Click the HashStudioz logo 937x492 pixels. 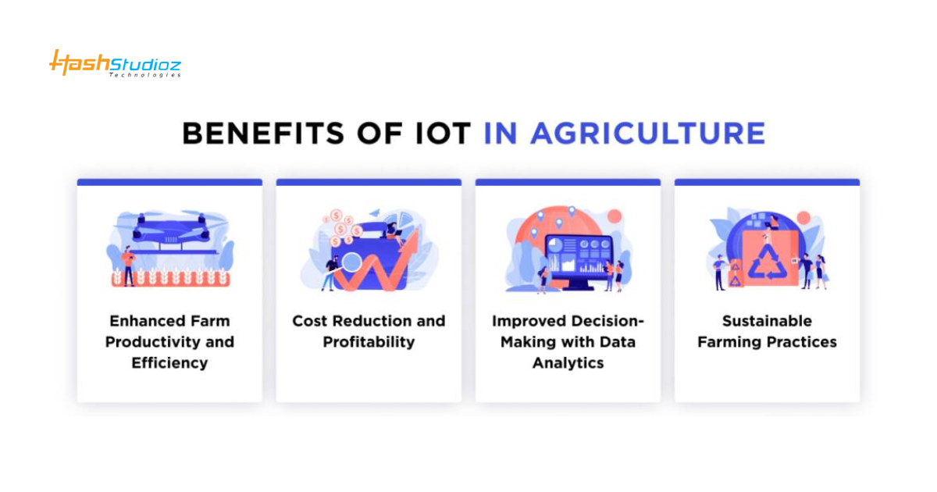click(115, 63)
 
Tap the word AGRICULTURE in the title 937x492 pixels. click(647, 134)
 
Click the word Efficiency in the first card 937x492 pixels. click(169, 363)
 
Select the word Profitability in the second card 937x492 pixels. click(369, 342)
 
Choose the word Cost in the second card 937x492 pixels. click(308, 321)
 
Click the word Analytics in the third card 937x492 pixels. click(568, 363)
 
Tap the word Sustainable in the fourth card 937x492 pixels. click(767, 321)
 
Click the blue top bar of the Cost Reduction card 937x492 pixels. click(369, 182)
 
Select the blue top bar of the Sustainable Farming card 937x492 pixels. click(767, 182)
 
